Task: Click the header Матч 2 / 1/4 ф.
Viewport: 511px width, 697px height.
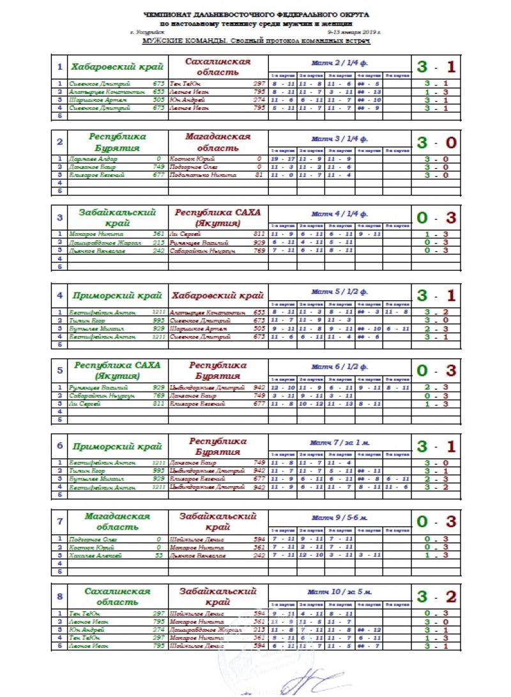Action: click(x=339, y=63)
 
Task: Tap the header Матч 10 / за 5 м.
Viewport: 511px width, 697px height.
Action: click(x=339, y=592)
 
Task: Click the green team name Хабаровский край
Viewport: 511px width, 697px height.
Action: click(x=118, y=67)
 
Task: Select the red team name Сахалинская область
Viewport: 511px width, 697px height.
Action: click(x=218, y=67)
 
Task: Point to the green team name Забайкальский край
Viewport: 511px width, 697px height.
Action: click(x=118, y=217)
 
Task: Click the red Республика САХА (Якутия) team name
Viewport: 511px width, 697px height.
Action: click(x=218, y=217)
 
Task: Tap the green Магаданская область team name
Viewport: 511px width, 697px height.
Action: click(x=118, y=521)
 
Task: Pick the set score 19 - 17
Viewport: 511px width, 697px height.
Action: click(x=282, y=159)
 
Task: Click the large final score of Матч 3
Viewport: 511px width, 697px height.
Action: click(x=436, y=142)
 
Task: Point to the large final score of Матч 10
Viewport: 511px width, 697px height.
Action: click(x=436, y=597)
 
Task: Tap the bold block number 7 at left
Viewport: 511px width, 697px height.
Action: click(x=59, y=521)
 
